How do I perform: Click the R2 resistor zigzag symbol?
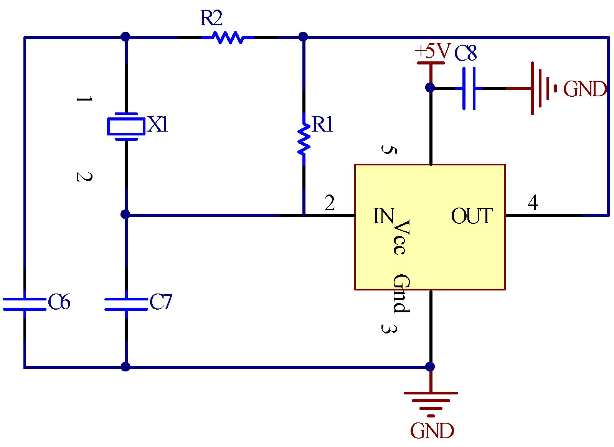pyautogui.click(x=228, y=38)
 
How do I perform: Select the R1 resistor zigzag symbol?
pyautogui.click(x=304, y=139)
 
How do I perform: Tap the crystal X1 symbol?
pyautogui.click(x=126, y=126)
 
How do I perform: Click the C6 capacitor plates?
pyautogui.click(x=25, y=304)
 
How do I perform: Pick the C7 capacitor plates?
pyautogui.click(x=126, y=304)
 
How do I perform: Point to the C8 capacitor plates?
pyautogui.click(x=469, y=88)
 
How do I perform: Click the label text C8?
pyautogui.click(x=465, y=53)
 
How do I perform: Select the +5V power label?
pyautogui.click(x=432, y=51)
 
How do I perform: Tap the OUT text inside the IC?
pyautogui.click(x=472, y=216)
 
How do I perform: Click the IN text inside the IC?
pyautogui.click(x=384, y=216)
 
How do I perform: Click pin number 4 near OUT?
pyautogui.click(x=533, y=203)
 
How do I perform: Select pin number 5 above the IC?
pyautogui.click(x=388, y=149)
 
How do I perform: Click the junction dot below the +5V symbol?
pyautogui.click(x=430, y=87)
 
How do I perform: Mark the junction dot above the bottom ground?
pyautogui.click(x=430, y=367)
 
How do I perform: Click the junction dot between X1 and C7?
pyautogui.click(x=125, y=214)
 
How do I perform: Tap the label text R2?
pyautogui.click(x=211, y=18)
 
